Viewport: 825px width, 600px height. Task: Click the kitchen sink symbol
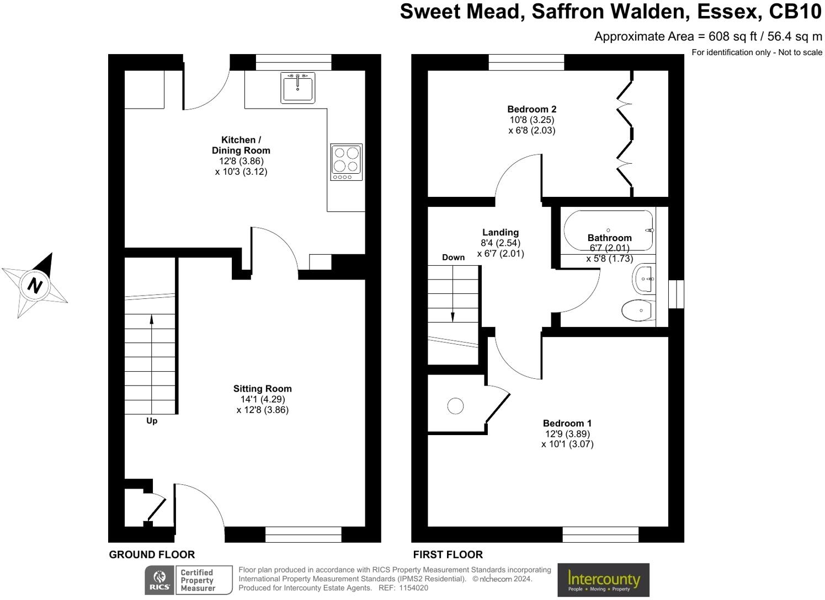pyautogui.click(x=298, y=88)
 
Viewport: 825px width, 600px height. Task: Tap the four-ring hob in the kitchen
pyautogui.click(x=347, y=162)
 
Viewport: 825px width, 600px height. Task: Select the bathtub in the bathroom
pyautogui.click(x=608, y=229)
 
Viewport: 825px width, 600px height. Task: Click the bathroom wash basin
pyautogui.click(x=644, y=278)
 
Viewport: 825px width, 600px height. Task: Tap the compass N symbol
pyautogui.click(x=35, y=286)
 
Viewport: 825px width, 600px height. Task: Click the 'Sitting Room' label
pyautogui.click(x=262, y=389)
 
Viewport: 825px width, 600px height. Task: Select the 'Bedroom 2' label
pyautogui.click(x=531, y=109)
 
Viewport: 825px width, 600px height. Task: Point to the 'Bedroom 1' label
pyautogui.click(x=567, y=423)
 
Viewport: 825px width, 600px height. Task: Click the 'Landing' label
pyautogui.click(x=500, y=232)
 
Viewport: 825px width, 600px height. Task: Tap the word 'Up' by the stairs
pyautogui.click(x=152, y=421)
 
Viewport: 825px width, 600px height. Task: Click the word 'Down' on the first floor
pyautogui.click(x=453, y=257)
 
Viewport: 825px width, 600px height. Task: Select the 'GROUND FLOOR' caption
pyautogui.click(x=152, y=555)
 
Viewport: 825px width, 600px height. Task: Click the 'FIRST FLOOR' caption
pyautogui.click(x=448, y=555)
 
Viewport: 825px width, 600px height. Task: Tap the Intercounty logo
pyautogui.click(x=603, y=580)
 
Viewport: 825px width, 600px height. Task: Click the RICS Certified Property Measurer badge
pyautogui.click(x=188, y=580)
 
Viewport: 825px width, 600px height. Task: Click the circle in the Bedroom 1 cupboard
pyautogui.click(x=455, y=406)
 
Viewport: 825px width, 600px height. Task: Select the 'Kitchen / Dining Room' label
pyautogui.click(x=241, y=145)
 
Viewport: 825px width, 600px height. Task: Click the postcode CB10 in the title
pyautogui.click(x=795, y=11)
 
